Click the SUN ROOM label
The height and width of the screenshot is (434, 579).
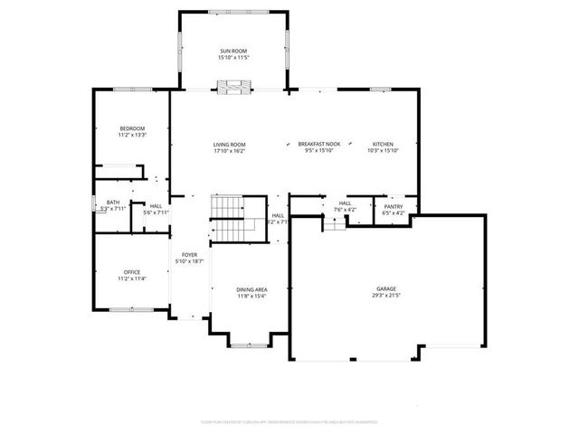[233, 51]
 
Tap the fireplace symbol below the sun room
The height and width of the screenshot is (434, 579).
[233, 87]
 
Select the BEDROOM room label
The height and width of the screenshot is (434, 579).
[132, 128]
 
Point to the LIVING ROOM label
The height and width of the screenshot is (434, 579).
[230, 145]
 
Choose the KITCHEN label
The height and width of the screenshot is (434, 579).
[384, 145]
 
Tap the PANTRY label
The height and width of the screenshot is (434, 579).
[393, 206]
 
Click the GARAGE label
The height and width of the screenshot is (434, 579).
[387, 289]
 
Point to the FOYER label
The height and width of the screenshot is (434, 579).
[189, 255]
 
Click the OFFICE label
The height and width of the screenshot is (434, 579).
[132, 272]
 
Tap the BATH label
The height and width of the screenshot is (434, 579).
[113, 203]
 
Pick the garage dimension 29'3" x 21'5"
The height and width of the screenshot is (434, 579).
[387, 296]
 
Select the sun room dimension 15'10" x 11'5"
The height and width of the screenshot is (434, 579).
[233, 58]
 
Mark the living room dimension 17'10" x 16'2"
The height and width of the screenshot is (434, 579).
[230, 151]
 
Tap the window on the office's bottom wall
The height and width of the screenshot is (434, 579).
[128, 309]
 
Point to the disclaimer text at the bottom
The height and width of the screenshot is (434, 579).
[289, 421]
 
